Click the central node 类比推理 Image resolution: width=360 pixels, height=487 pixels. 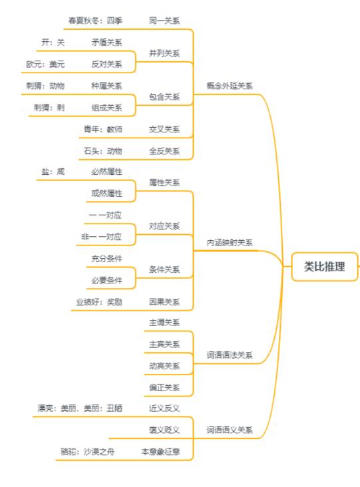pos(324,267)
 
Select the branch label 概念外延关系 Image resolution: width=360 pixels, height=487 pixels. pos(230,86)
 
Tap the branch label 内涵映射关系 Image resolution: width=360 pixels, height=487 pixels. pos(230,243)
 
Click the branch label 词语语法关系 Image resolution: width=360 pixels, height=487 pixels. pos(230,355)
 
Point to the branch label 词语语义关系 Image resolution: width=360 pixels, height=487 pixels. pos(230,430)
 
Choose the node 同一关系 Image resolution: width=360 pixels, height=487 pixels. pos(164,21)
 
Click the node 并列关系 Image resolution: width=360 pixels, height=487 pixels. pos(164,53)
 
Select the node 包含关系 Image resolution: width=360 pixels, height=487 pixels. pos(164,97)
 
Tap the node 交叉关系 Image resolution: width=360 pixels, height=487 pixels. pos(164,130)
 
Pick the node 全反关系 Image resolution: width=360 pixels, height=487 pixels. pos(164,151)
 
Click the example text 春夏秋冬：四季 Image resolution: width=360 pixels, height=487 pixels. pos(95,21)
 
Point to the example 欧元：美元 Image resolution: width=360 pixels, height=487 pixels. pos(45,65)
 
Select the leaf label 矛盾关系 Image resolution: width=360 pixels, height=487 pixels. pos(106,43)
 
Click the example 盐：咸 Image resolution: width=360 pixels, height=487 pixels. pos(53,172)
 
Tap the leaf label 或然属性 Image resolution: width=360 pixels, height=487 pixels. pos(106,193)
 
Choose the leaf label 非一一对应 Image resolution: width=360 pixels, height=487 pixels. pos(101,237)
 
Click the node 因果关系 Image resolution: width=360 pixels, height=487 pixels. pos(164,302)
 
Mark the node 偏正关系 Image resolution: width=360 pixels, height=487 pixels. pos(164,388)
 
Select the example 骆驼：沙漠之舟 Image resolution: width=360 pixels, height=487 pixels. pos(87,452)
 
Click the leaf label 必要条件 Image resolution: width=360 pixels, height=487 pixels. pos(106,280)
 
